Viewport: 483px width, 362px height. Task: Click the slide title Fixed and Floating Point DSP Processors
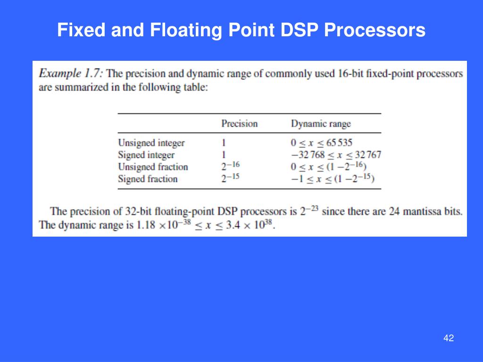click(241, 31)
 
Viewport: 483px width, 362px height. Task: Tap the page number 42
click(449, 338)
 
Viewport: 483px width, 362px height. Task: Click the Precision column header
click(240, 124)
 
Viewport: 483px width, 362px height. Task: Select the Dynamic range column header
click(321, 124)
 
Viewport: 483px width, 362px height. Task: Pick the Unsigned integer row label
click(151, 143)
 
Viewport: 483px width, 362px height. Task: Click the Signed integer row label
click(146, 155)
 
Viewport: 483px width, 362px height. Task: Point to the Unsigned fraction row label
click(153, 167)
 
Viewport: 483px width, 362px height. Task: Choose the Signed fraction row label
click(148, 179)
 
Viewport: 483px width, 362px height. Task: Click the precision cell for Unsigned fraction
click(231, 166)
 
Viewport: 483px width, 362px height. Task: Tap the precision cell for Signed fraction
click(231, 178)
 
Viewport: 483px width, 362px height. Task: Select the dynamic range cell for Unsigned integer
click(322, 143)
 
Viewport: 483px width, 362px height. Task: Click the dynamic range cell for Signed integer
click(336, 155)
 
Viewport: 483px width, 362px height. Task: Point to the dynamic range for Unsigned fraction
click(329, 166)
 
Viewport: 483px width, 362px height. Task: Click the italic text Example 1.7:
click(73, 74)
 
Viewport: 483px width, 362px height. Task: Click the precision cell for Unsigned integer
click(224, 143)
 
